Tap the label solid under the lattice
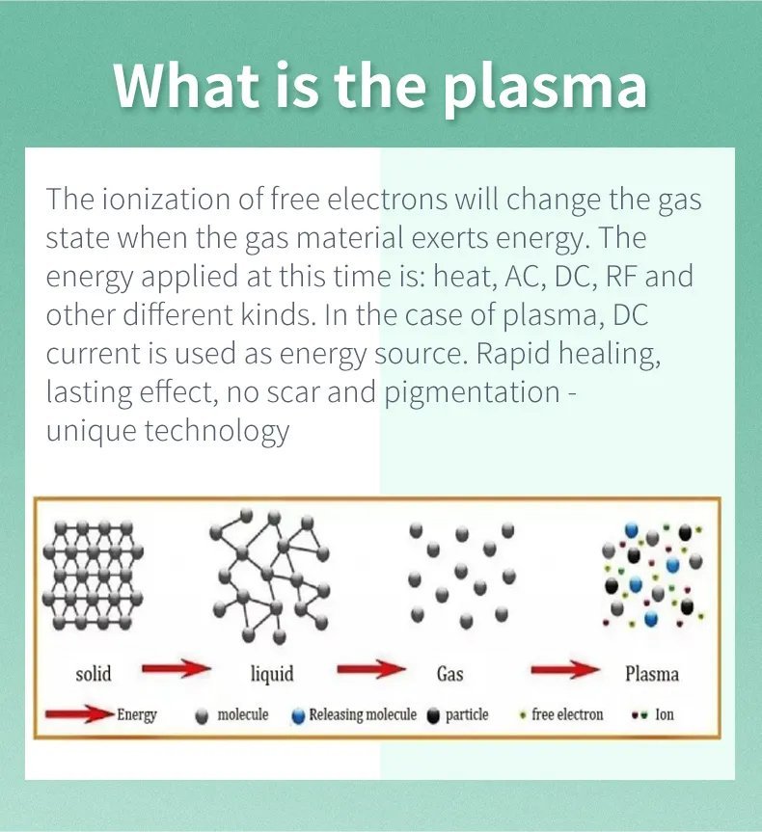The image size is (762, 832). (94, 674)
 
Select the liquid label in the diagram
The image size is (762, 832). (272, 674)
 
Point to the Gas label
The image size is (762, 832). (449, 674)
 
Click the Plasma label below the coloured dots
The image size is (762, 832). (652, 674)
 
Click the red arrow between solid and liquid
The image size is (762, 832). (177, 668)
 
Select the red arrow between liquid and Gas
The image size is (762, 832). (371, 668)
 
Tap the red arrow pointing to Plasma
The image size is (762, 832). (565, 670)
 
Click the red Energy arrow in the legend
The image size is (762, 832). (80, 714)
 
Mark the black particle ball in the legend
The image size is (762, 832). (434, 716)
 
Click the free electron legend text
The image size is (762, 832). (567, 714)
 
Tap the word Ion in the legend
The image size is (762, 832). (665, 714)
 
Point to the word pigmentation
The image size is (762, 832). (472, 393)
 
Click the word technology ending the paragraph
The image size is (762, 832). (217, 431)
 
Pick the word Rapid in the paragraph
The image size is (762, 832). (513, 354)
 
